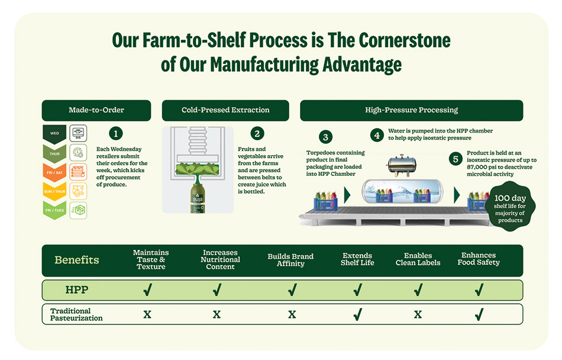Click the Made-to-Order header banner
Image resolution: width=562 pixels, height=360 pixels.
click(x=96, y=110)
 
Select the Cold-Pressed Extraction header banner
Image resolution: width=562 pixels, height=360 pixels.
click(x=225, y=110)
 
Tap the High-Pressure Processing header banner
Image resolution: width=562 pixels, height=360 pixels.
click(x=411, y=110)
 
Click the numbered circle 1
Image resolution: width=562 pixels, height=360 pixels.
click(x=117, y=134)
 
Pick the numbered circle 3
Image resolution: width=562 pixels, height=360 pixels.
click(x=326, y=138)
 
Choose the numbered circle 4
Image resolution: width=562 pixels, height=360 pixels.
click(x=377, y=134)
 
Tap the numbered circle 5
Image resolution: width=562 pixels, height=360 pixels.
click(x=456, y=159)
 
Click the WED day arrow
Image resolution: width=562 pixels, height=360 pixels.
click(x=54, y=133)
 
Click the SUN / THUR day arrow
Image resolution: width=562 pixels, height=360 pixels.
click(x=54, y=191)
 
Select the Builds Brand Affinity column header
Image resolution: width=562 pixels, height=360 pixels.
click(x=290, y=260)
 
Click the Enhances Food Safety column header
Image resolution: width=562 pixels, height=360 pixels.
click(x=479, y=259)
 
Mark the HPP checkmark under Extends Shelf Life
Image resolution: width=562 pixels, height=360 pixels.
click(x=357, y=290)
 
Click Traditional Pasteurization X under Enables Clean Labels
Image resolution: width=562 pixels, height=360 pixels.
click(x=418, y=314)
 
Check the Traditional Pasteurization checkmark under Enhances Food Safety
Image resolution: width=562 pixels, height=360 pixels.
click(x=479, y=314)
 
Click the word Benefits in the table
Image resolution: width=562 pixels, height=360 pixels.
click(x=77, y=260)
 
